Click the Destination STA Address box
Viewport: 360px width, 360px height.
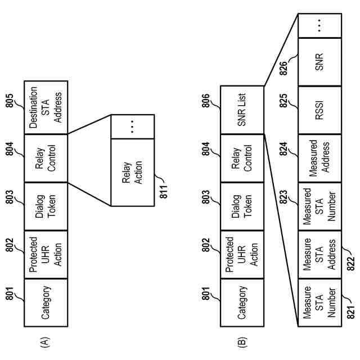click(x=46, y=107)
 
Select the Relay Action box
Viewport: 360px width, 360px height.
click(x=133, y=173)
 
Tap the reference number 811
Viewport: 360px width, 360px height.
click(x=164, y=191)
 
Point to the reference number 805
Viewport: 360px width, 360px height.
click(x=10, y=101)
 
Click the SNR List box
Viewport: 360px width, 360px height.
click(x=242, y=110)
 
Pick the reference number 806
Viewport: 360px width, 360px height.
click(x=206, y=101)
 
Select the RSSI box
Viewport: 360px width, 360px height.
click(x=320, y=110)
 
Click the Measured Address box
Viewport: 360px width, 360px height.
click(x=320, y=158)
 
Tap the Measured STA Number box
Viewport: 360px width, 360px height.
click(x=320, y=206)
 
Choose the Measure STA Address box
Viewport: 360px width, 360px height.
click(x=320, y=255)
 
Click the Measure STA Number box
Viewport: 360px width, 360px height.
click(x=320, y=303)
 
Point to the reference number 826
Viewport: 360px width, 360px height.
click(x=283, y=68)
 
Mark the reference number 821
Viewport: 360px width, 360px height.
click(x=350, y=312)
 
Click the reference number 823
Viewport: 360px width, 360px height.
click(x=283, y=197)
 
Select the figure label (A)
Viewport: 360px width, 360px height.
click(x=45, y=342)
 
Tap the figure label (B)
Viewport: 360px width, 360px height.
click(x=241, y=342)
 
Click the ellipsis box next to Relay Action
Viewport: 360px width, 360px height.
click(x=133, y=127)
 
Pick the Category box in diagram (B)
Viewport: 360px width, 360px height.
click(x=242, y=303)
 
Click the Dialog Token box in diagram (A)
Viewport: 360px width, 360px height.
click(x=46, y=206)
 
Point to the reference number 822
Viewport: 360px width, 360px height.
click(x=350, y=264)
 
